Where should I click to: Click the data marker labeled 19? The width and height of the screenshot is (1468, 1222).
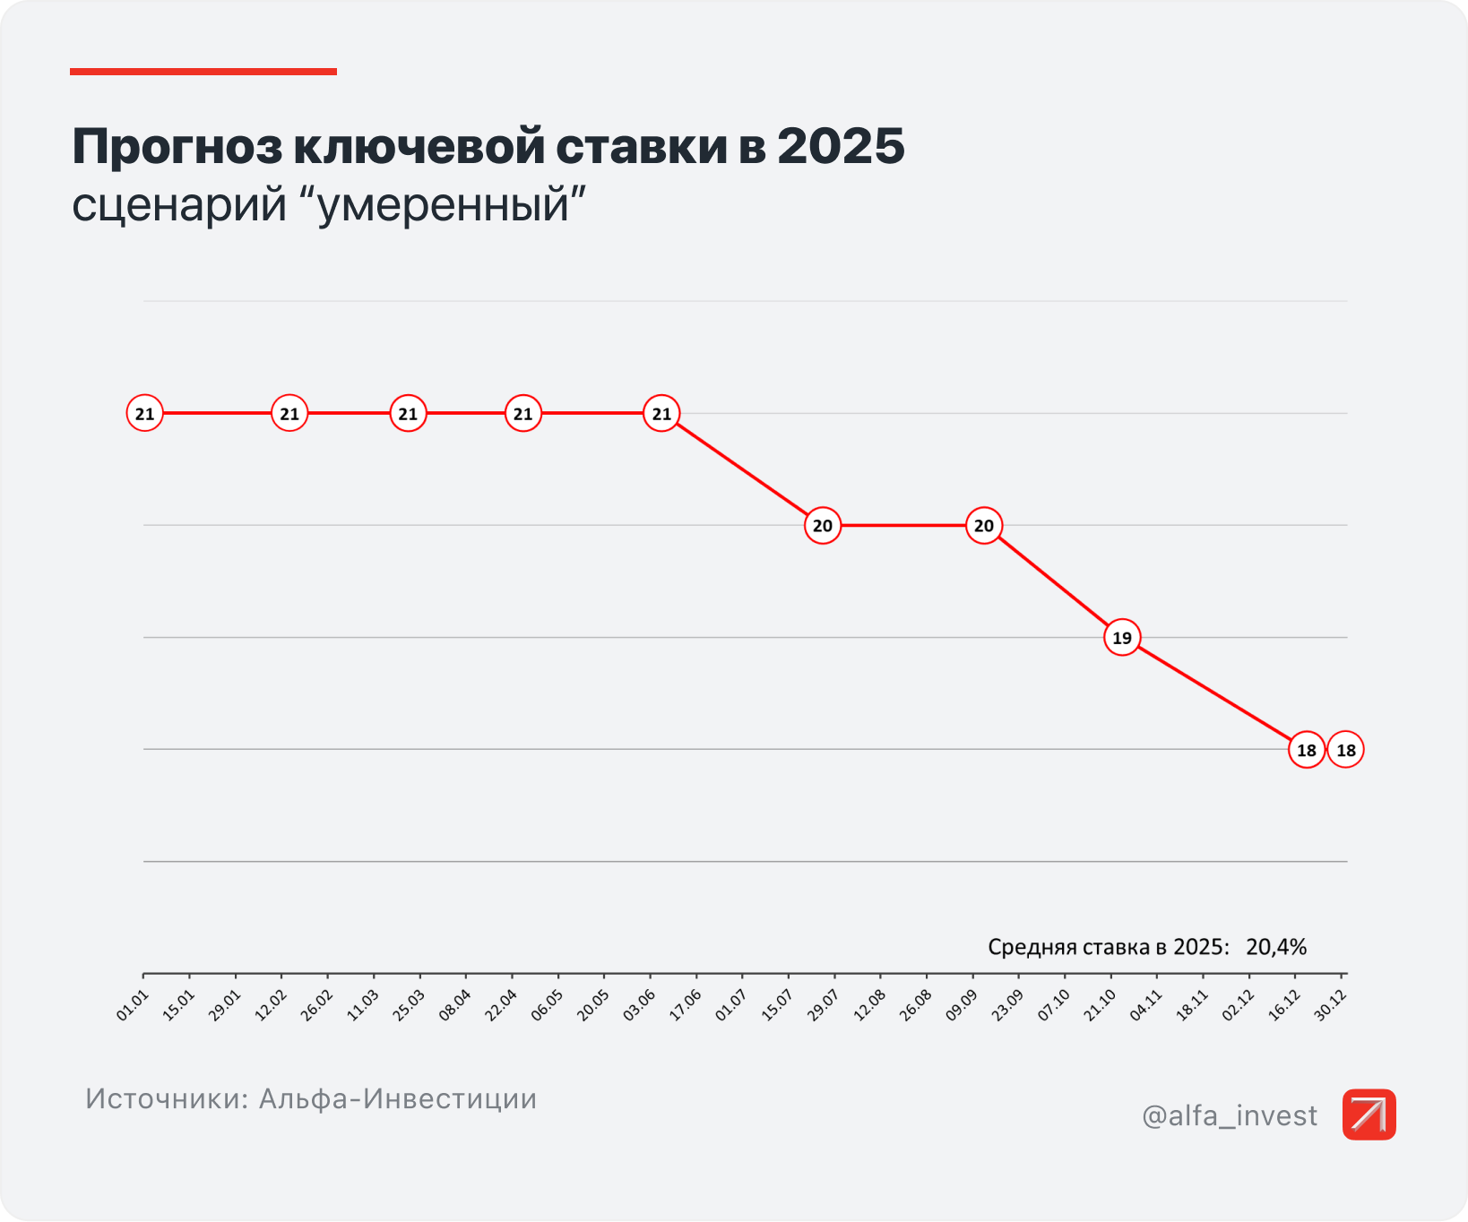tap(1121, 638)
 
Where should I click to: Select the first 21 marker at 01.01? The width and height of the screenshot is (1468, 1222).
tap(144, 414)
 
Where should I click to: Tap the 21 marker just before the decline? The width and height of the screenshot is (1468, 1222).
tap(661, 414)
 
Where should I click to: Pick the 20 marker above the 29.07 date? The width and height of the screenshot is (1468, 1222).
tap(822, 526)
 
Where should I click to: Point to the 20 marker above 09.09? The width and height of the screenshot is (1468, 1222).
tap(983, 526)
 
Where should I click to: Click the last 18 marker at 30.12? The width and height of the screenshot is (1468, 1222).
tap(1345, 750)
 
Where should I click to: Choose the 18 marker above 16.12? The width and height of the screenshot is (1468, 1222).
tap(1306, 750)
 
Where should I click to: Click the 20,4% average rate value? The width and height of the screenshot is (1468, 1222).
tap(1275, 947)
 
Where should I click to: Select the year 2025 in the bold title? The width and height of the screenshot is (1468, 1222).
tap(841, 146)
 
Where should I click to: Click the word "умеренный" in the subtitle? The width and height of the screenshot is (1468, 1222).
tap(445, 204)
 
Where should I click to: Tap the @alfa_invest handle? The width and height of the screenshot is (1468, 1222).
tap(1229, 1115)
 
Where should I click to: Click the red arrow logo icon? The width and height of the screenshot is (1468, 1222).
tap(1369, 1114)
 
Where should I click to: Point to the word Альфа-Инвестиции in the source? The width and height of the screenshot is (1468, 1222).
tap(398, 1098)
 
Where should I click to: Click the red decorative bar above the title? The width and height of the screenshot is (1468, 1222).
tap(203, 72)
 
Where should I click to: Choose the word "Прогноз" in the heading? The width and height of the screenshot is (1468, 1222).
tap(177, 146)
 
